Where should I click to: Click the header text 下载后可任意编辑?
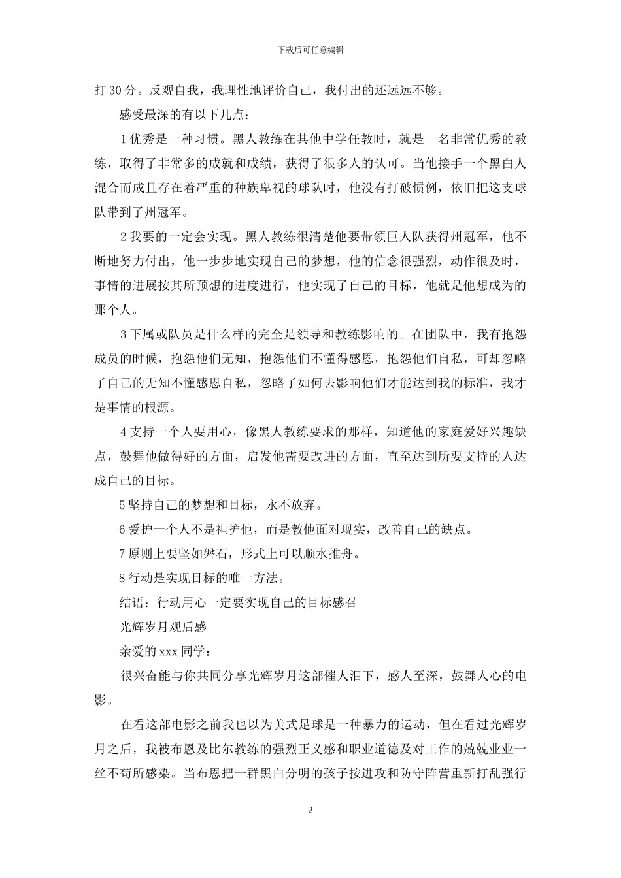pyautogui.click(x=310, y=50)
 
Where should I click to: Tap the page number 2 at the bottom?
pyautogui.click(x=310, y=811)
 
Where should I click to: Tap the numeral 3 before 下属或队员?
pyautogui.click(x=124, y=334)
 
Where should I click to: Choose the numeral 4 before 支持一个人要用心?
pyautogui.click(x=124, y=432)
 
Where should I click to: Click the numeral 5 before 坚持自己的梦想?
pyautogui.click(x=124, y=505)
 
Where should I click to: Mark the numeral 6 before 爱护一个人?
pyautogui.click(x=124, y=529)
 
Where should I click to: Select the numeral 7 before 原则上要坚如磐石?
pyautogui.click(x=124, y=553)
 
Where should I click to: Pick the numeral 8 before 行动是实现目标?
pyautogui.click(x=124, y=577)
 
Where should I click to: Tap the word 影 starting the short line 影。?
pyautogui.click(x=101, y=700)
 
